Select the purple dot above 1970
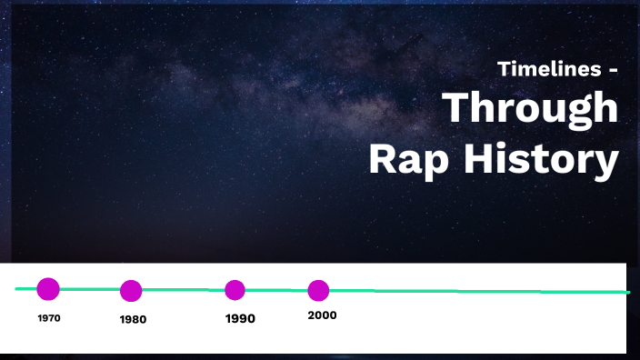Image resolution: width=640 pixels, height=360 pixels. (x=48, y=289)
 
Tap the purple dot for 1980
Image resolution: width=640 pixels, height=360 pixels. (x=131, y=291)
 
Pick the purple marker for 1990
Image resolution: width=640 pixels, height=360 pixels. (x=235, y=290)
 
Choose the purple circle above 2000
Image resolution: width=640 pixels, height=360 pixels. (x=318, y=291)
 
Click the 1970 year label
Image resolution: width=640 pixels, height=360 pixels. (x=49, y=318)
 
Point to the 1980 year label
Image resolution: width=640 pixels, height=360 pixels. (x=133, y=320)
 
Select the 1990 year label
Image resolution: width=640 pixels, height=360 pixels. (x=240, y=319)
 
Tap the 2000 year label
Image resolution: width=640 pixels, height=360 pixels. (x=322, y=315)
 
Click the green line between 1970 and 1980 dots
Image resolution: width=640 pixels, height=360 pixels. (x=89, y=289)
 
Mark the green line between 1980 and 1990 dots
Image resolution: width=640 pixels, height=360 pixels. (x=182, y=290)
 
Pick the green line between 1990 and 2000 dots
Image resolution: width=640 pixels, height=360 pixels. (x=276, y=290)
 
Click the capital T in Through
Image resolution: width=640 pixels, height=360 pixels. (x=457, y=109)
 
